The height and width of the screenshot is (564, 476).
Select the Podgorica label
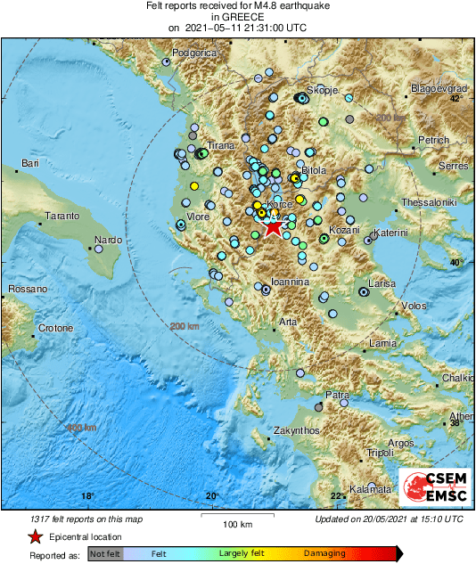(x=195, y=53)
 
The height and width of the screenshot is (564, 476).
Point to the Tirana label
(x=220, y=145)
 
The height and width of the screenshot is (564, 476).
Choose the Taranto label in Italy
(x=62, y=217)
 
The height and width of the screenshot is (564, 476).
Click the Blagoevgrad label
(x=439, y=89)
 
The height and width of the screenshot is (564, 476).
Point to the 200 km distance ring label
(x=184, y=327)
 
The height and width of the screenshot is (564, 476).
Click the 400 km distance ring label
(x=80, y=429)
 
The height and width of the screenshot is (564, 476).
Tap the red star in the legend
(x=34, y=536)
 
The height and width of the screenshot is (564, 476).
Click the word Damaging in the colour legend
(x=324, y=553)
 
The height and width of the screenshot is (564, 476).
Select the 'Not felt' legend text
(x=107, y=553)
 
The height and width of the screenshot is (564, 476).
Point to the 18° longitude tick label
(x=86, y=496)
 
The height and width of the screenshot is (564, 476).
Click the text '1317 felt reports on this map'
(x=84, y=519)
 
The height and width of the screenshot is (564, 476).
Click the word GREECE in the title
(x=237, y=16)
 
